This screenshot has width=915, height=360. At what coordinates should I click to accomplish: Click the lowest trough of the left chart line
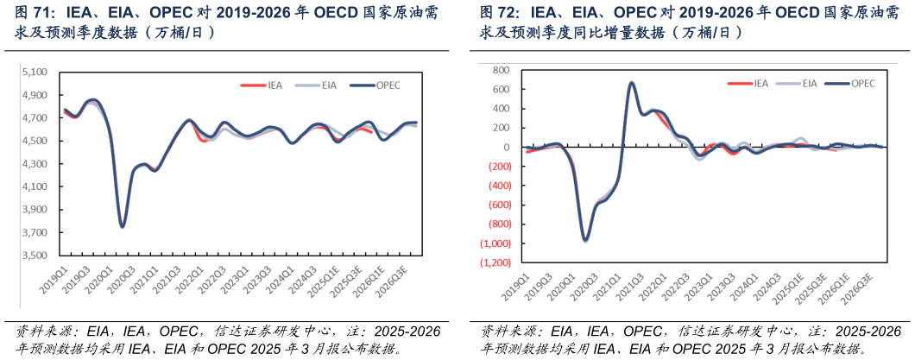[123, 226]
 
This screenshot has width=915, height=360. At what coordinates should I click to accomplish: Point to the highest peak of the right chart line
[632, 83]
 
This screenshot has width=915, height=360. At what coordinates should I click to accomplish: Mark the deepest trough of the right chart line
[585, 239]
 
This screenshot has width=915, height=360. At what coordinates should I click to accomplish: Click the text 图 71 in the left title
[32, 13]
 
